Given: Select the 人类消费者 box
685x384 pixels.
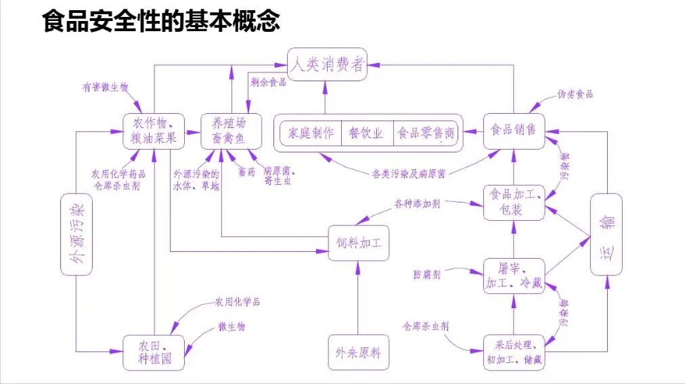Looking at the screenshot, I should click(327, 65).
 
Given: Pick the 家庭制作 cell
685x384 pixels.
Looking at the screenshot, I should click(311, 133).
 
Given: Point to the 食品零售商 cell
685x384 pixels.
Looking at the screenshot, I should click(425, 133).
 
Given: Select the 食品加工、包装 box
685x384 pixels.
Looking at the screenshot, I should click(514, 202).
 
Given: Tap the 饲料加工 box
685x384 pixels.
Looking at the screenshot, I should click(359, 242).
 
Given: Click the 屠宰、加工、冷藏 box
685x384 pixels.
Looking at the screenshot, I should click(514, 275).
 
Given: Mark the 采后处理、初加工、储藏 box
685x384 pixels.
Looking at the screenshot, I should click(514, 352).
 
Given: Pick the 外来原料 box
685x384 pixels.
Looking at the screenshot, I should click(359, 352).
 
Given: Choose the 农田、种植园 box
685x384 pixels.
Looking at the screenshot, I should click(154, 352).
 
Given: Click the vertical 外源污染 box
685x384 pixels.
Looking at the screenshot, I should click(76, 234).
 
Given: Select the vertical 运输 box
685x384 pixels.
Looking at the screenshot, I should click(606, 234).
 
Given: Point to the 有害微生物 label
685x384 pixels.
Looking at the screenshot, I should click(105, 87).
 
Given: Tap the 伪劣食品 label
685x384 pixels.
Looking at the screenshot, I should click(575, 94).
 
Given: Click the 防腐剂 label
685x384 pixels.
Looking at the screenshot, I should click(427, 274).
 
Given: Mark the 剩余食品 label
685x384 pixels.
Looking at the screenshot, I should click(268, 83).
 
